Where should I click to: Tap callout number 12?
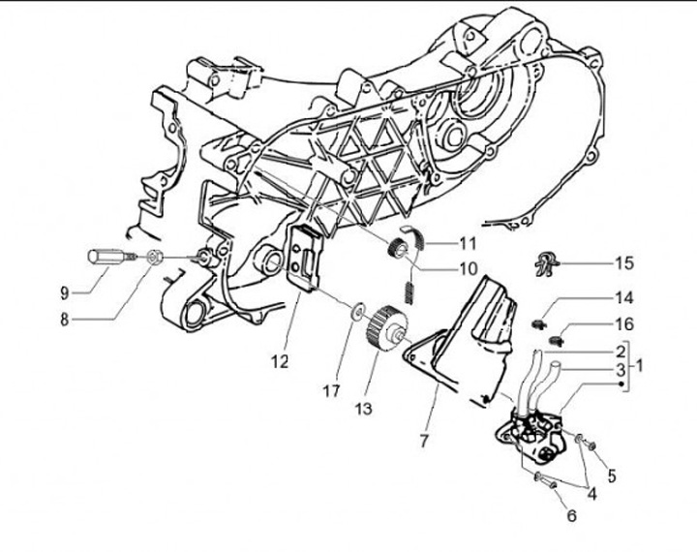pos(280,362)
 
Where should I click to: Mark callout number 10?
pos(469,267)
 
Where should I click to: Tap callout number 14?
pos(623,298)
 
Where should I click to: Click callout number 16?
pos(623,326)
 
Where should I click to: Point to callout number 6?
pos(571,516)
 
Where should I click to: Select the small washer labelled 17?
pos(357,310)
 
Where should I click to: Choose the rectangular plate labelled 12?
pos(307,257)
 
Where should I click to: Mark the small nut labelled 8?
pos(153,258)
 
